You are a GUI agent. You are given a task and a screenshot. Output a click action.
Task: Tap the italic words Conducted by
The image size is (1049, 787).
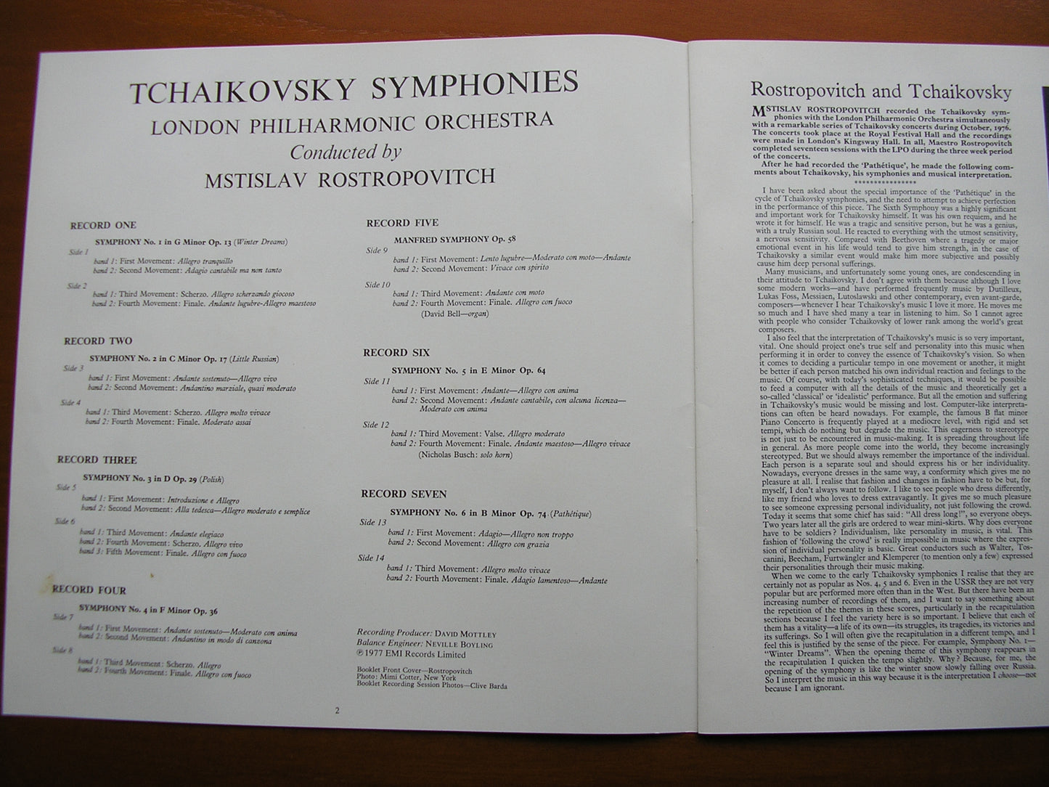point(346,152)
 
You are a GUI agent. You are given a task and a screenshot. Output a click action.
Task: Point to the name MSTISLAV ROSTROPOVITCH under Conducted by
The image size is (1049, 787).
point(350,178)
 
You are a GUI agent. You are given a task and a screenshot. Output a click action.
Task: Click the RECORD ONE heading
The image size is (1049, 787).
point(102,226)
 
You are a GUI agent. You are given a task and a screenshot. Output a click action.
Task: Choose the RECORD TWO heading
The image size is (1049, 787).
point(97,341)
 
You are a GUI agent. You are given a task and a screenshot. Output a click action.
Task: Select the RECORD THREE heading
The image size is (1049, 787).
point(97,460)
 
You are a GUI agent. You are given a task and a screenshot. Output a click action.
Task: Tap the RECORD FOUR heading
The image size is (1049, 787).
point(89,590)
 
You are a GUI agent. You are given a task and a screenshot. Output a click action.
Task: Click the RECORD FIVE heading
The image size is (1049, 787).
point(402,223)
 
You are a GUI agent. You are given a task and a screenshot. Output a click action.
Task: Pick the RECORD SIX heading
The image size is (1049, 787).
point(396,353)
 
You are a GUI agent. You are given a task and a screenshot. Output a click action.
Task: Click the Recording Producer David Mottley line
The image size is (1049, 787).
point(426,634)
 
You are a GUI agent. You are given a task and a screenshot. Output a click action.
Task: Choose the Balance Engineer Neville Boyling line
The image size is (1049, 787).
point(425,644)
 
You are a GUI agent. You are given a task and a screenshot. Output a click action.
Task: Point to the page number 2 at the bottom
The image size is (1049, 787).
point(337,711)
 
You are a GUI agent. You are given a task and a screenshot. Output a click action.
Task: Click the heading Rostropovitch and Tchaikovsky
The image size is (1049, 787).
point(881,91)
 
